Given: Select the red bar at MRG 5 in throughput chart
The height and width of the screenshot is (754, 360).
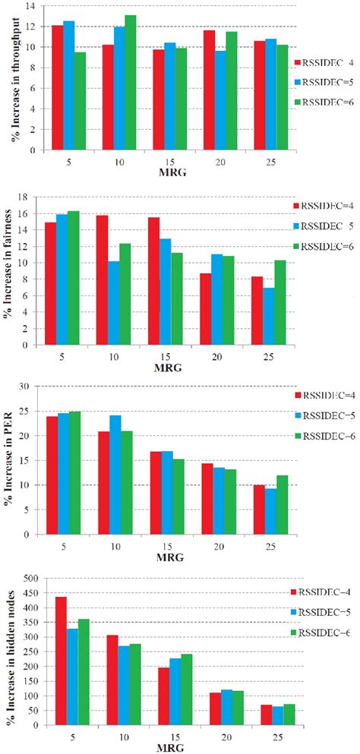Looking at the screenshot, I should point(57,87).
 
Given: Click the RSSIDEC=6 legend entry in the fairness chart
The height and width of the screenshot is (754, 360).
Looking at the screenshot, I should point(317,246).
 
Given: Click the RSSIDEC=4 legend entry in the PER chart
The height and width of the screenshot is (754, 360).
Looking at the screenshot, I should point(317,395).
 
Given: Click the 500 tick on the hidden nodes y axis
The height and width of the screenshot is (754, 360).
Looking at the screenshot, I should point(27,579).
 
